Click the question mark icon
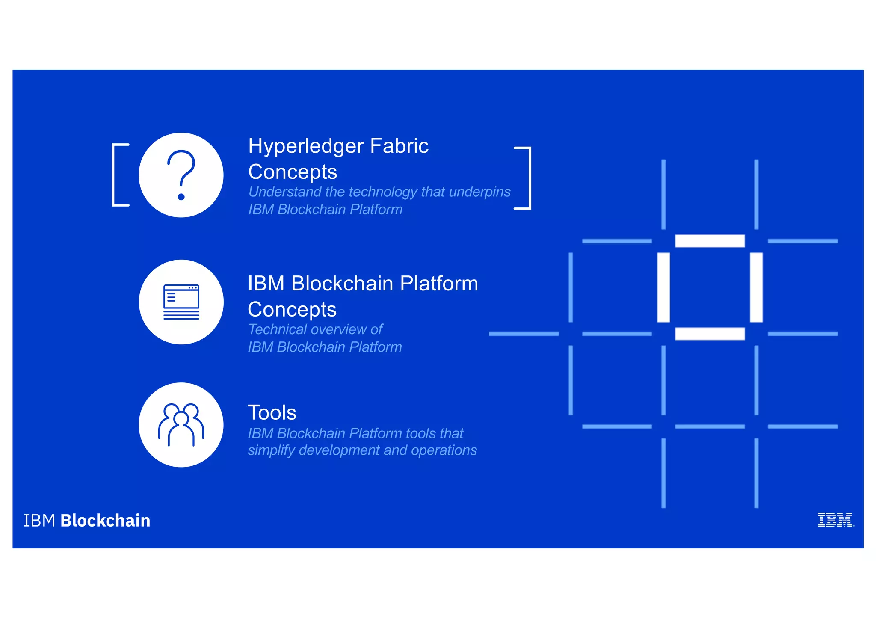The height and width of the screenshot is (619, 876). pos(181,175)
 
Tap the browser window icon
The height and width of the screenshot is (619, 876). pos(181,302)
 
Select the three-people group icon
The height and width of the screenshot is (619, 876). pos(181,425)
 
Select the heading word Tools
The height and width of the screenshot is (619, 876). pos(272,413)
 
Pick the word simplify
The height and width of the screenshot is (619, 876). pos(271,450)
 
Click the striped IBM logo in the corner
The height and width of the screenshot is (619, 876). pos(835,520)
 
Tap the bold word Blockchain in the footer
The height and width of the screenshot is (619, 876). pos(105,521)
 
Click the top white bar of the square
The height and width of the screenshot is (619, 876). pos(710,241)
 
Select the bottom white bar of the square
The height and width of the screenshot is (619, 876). pos(710,334)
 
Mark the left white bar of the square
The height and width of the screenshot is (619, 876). pos(663,287)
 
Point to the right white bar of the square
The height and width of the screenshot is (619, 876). pos(756,287)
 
